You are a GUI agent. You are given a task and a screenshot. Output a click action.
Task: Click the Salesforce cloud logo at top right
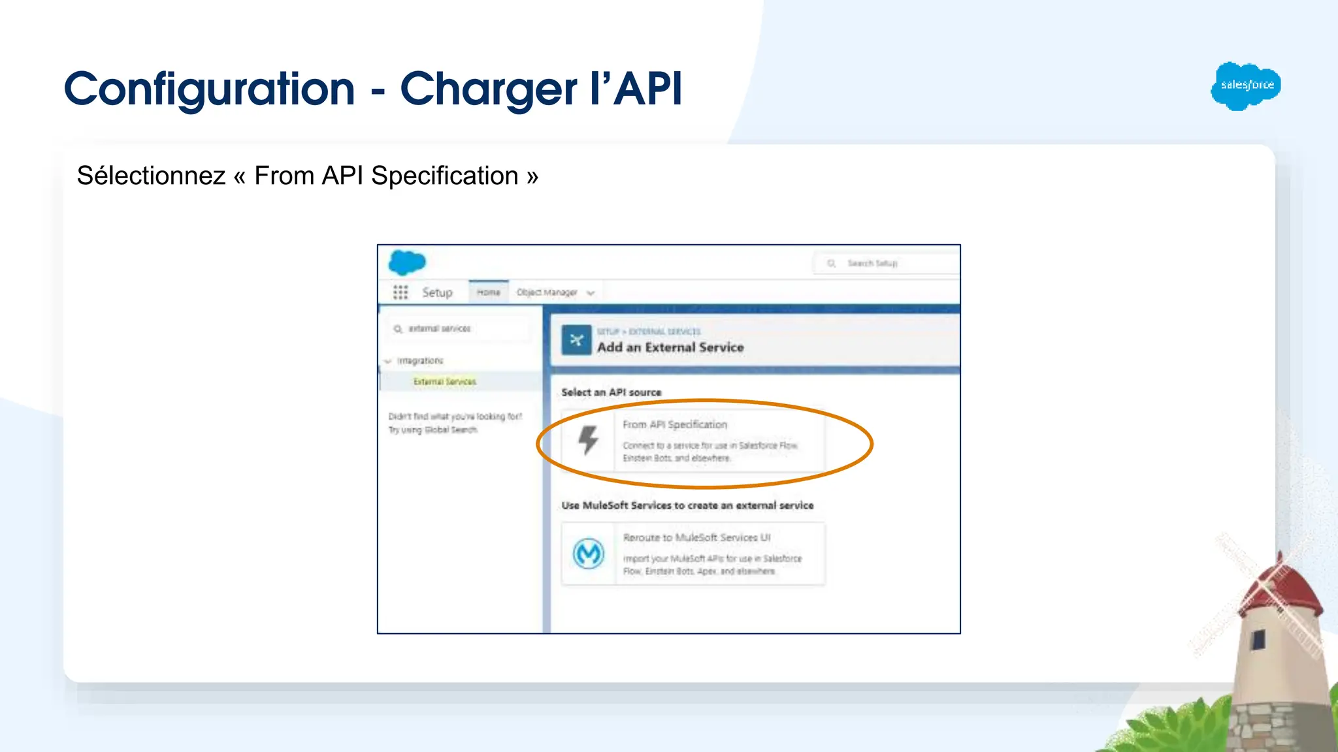[x=1245, y=86]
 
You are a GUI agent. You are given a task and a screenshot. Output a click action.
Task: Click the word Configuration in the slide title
[x=209, y=89]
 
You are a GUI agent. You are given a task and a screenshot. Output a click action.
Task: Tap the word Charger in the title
[x=488, y=90]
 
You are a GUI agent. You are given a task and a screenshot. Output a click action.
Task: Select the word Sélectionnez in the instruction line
[x=151, y=176]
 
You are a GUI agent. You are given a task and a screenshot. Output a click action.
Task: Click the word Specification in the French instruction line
[x=444, y=176]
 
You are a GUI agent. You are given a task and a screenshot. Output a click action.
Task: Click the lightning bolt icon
[x=588, y=440]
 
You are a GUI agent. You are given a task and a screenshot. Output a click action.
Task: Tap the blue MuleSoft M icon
[x=588, y=554]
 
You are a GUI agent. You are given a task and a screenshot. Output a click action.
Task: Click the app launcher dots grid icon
[x=400, y=292]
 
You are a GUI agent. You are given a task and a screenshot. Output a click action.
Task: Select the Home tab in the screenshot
[x=488, y=292]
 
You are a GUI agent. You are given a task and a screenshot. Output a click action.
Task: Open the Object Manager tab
[x=547, y=292]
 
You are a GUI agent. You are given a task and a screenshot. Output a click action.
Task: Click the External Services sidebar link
[x=444, y=382]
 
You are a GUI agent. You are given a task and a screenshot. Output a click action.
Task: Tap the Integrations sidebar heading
[x=419, y=361]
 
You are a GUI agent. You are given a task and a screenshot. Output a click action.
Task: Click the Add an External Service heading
[x=670, y=347]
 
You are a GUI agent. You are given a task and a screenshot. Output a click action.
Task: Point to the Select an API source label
[x=611, y=392]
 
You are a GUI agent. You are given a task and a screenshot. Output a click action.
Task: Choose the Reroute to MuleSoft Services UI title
[x=696, y=538]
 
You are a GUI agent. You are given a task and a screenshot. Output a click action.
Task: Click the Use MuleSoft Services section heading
[x=687, y=505]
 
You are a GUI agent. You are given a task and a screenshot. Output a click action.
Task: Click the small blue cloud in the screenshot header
[x=407, y=262]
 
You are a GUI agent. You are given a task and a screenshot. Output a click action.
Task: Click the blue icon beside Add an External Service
[x=576, y=340]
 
